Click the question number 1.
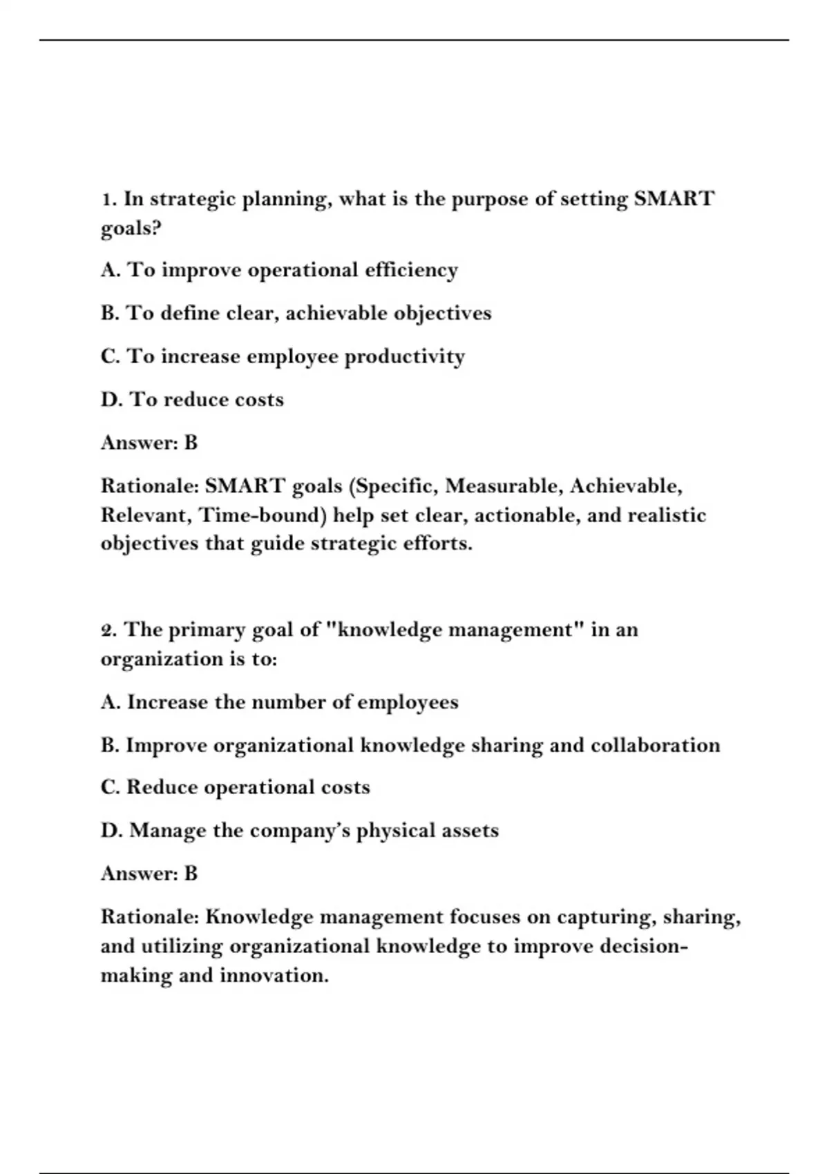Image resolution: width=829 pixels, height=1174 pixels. [106, 200]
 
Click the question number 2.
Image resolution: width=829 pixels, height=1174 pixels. [108, 630]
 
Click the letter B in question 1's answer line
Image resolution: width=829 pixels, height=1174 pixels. [191, 443]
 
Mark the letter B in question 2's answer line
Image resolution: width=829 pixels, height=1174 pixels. [191, 874]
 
